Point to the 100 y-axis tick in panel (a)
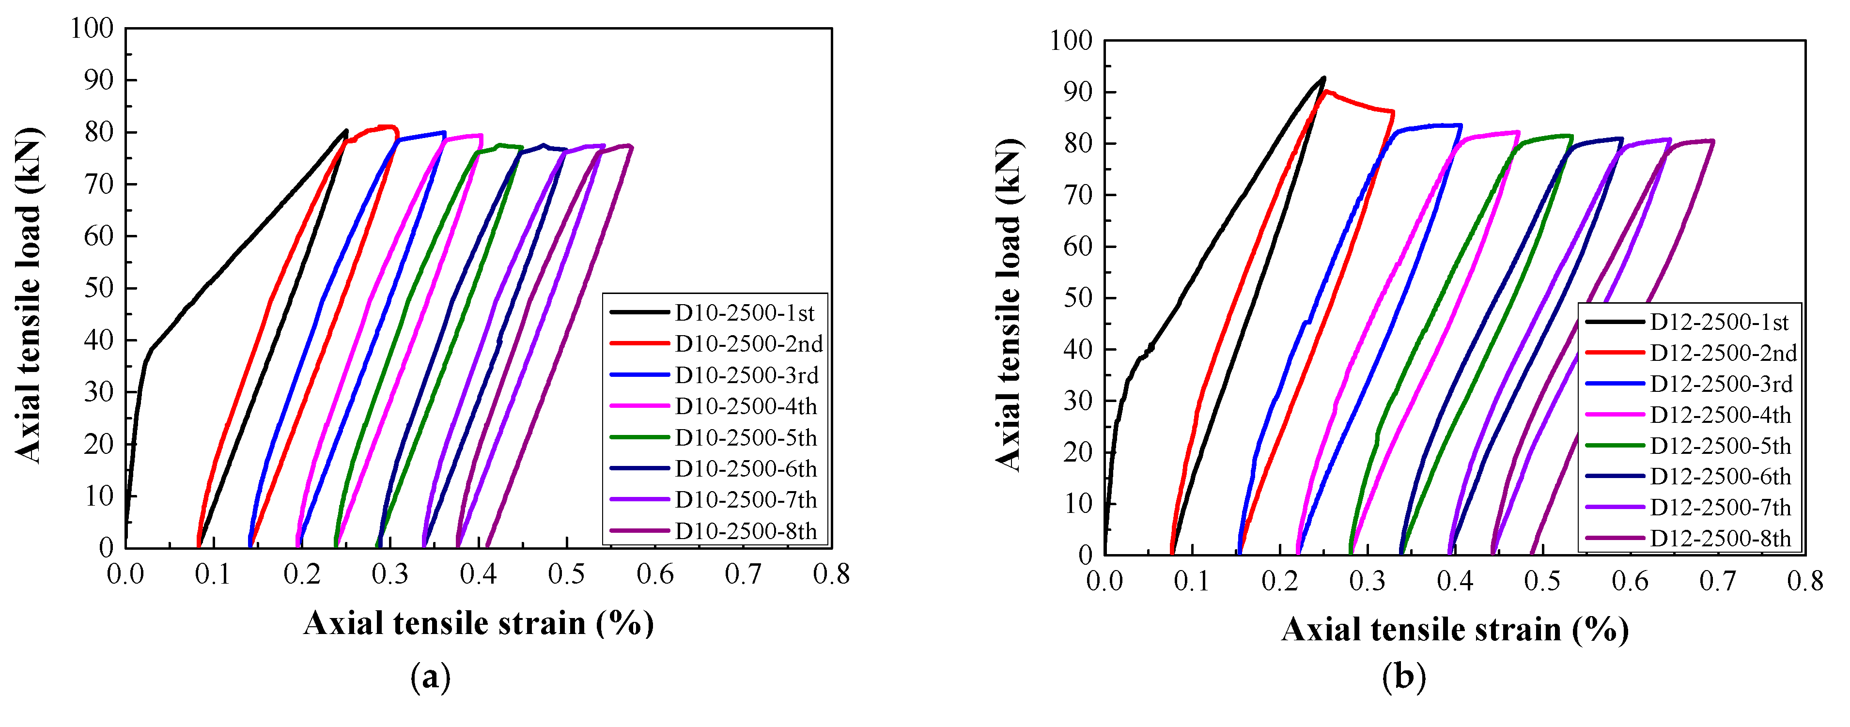92,29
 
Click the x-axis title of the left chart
478,623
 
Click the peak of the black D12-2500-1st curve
1323,77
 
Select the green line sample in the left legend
638,437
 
